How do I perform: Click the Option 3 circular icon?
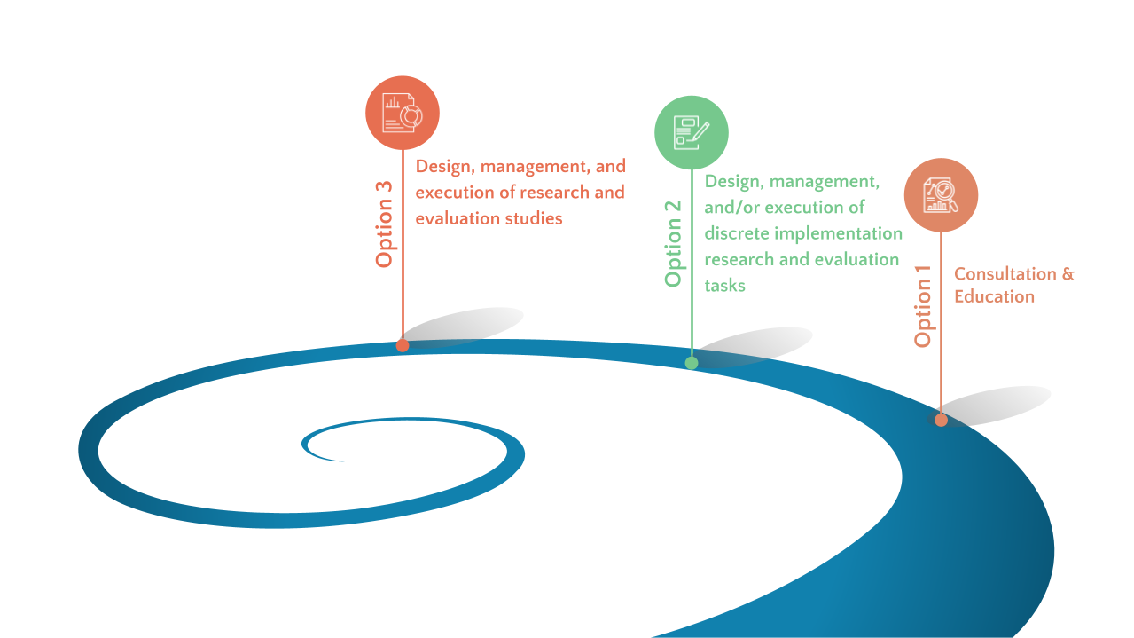(403, 113)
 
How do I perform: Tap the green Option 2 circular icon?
(692, 132)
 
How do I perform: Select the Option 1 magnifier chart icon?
(941, 195)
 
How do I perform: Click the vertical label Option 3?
(384, 224)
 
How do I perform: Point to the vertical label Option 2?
(673, 242)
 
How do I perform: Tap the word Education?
(994, 296)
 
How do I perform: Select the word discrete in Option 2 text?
(735, 233)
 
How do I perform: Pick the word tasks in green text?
(724, 285)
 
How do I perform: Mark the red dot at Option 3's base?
(403, 345)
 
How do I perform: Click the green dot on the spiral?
(692, 363)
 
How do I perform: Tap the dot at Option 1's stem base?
(941, 420)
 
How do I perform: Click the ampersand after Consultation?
(1067, 274)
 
